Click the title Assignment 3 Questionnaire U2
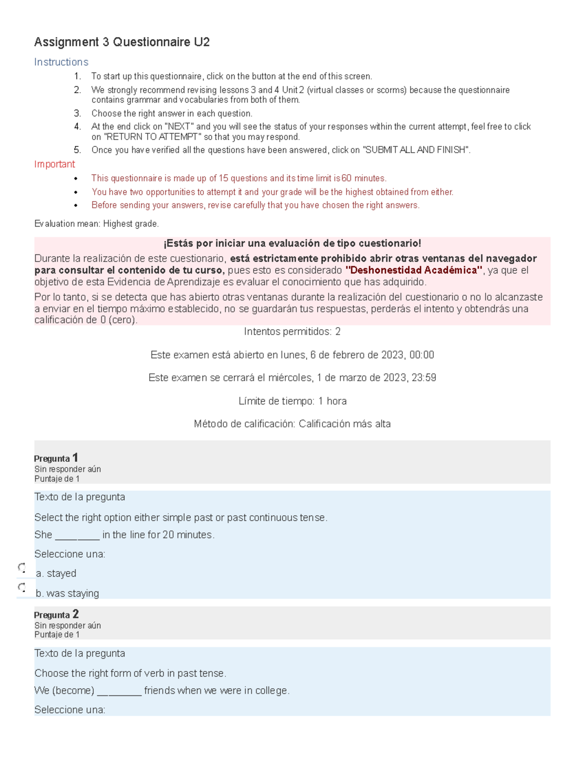pos(122,42)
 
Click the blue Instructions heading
pos(61,62)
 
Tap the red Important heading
pos(55,164)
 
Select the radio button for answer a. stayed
pos(22,568)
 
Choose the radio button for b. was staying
pos(22,587)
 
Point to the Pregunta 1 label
pos(56,458)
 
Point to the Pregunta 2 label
pos(56,614)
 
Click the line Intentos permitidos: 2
pos(292,332)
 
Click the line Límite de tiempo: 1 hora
pos(292,401)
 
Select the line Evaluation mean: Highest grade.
pos(97,224)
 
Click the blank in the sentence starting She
pos(77,536)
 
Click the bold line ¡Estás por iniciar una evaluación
pos(292,244)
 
